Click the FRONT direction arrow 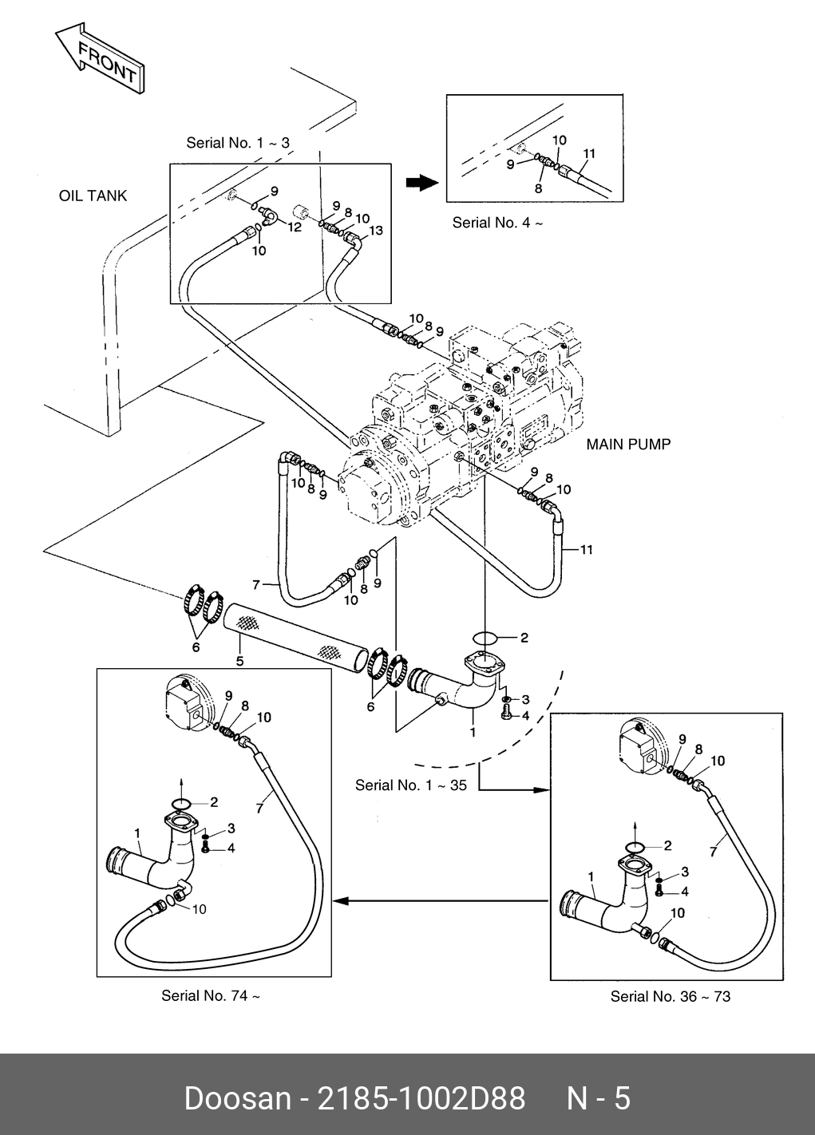tap(101, 61)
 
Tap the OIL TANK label tap(93, 196)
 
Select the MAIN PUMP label tap(628, 444)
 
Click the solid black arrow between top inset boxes tap(422, 184)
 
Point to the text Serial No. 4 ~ tap(497, 223)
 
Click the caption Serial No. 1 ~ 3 tap(238, 143)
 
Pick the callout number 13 tap(376, 231)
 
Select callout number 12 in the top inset tap(295, 227)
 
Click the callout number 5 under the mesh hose tap(239, 661)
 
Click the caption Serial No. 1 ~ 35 tap(411, 785)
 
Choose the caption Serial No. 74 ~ tap(211, 995)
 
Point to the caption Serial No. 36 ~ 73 tap(670, 996)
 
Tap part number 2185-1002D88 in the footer tap(421, 1098)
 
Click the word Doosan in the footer tap(238, 1098)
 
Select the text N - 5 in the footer tap(598, 1098)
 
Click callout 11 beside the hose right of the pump tap(587, 550)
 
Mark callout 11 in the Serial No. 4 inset tap(589, 153)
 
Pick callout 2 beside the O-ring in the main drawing tap(524, 638)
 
